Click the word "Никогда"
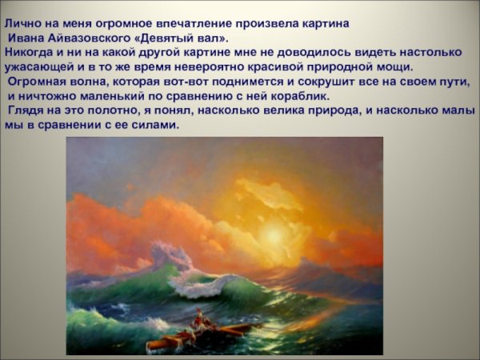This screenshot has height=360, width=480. tap(26, 52)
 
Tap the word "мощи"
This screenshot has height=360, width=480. tap(394, 66)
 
